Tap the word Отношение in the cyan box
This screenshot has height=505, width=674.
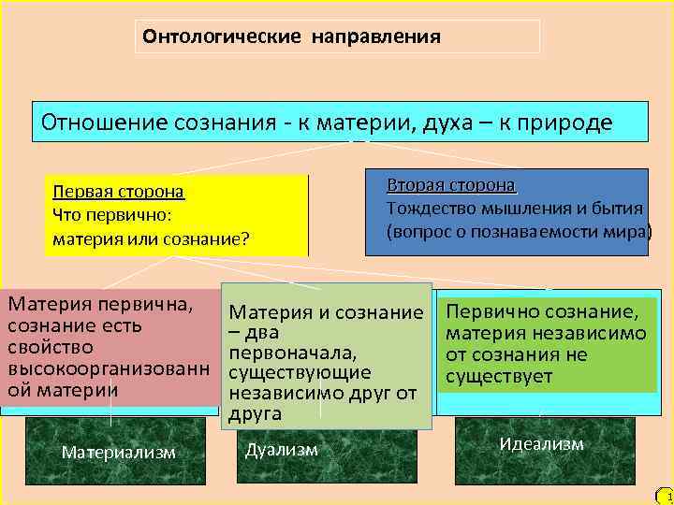pos(93,123)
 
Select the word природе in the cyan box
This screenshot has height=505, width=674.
pos(565,123)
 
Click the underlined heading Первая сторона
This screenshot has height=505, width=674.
pos(118,192)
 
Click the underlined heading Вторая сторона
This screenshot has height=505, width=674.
pos(451,185)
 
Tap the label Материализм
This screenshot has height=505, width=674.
pos(118,453)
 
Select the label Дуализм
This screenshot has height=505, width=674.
pos(281,450)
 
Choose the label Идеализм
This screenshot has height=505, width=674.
pos(541,444)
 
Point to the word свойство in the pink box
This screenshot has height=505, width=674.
pos(43,347)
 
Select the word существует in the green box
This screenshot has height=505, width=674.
pos(500,377)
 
